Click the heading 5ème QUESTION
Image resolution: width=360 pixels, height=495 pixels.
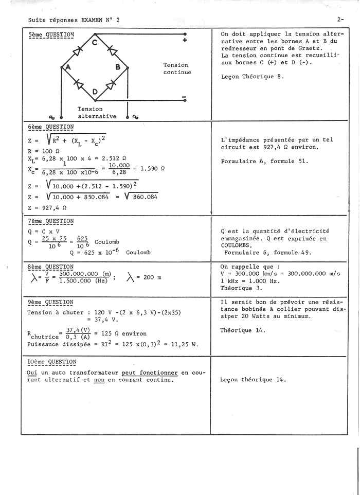tap(51, 35)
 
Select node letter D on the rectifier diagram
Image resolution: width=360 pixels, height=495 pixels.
tap(95, 92)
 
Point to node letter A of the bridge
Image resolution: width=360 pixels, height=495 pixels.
tap(67, 67)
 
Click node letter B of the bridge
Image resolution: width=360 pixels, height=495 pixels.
tap(118, 67)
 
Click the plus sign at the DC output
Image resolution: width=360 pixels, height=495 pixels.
tap(185, 41)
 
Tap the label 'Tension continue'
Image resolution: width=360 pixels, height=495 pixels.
tap(177, 68)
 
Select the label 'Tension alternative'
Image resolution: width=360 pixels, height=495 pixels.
tap(97, 113)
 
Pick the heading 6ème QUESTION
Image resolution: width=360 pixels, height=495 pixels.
tap(51, 127)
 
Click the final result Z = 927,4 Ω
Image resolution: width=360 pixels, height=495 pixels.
tap(47, 208)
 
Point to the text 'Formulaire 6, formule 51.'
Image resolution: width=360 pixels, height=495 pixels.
tap(264, 161)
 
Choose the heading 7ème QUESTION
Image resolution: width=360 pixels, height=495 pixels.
tap(51, 221)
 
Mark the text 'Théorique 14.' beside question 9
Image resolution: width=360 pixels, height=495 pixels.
tap(243, 330)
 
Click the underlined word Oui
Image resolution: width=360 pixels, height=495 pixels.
tap(32, 373)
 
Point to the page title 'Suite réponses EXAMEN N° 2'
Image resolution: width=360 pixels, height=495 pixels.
tap(74, 20)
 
